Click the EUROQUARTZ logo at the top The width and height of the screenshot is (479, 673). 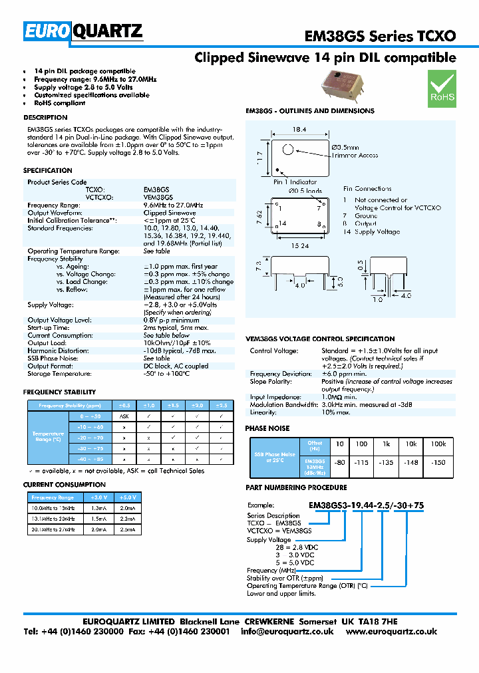83,31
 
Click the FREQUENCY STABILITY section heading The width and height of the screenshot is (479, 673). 59,392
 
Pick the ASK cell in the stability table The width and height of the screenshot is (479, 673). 124,416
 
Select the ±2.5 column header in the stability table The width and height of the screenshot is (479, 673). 220,405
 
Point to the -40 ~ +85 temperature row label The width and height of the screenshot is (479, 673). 90,460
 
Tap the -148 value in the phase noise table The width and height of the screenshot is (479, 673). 411,463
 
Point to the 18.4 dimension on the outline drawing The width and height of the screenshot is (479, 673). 297,130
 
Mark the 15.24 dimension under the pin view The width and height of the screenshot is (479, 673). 301,245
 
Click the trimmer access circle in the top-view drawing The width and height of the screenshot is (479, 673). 287,150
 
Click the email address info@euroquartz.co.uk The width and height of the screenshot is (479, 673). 287,632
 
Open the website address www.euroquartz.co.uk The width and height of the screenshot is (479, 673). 391,632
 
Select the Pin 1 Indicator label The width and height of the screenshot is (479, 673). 295,181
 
